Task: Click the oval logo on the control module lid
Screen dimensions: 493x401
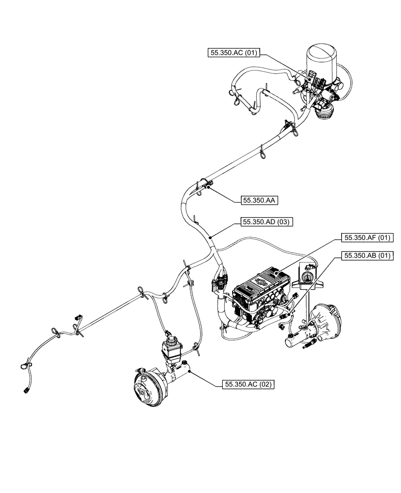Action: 261,282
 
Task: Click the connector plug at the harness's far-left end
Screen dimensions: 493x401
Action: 25,390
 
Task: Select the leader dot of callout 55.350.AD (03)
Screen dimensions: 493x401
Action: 210,237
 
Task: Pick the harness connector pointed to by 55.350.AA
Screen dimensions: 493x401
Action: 210,184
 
